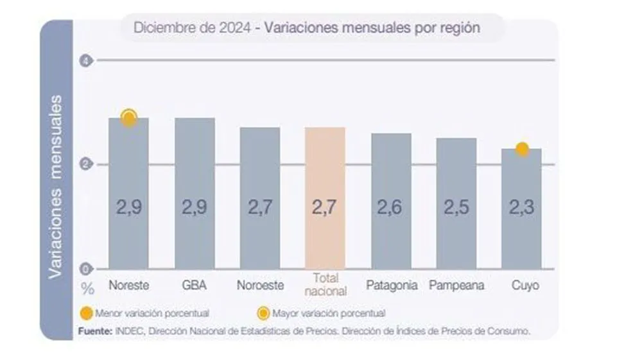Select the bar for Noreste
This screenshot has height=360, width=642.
[x=128, y=193]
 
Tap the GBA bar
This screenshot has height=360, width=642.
[x=195, y=193]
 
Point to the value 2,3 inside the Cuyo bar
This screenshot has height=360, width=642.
[x=521, y=208]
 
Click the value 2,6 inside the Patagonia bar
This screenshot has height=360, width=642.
[x=392, y=208]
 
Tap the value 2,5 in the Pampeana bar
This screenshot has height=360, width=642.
[x=456, y=208]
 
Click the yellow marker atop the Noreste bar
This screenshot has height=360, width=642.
[x=129, y=117]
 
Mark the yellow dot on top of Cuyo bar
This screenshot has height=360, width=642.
[x=522, y=149]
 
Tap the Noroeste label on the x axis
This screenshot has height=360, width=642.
[x=260, y=286]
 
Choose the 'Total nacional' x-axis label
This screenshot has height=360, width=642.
[x=325, y=284]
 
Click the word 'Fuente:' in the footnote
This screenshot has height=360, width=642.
[x=95, y=330]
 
